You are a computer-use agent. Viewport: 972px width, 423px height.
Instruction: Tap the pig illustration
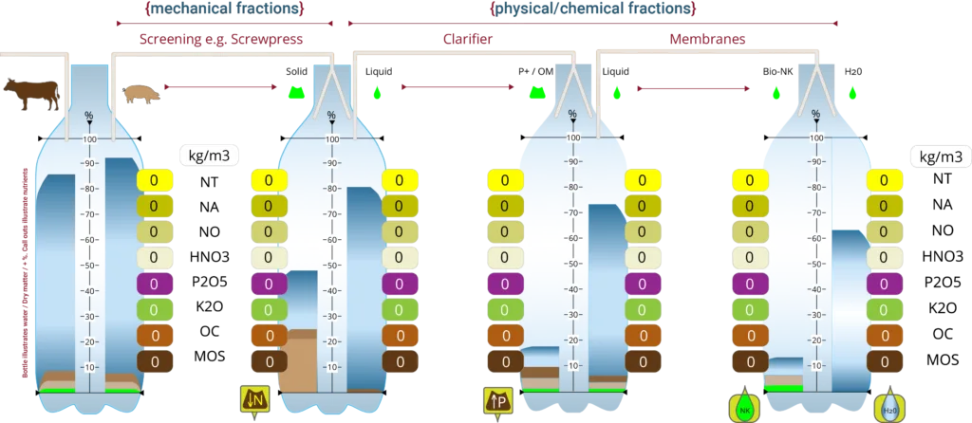pyautogui.click(x=141, y=93)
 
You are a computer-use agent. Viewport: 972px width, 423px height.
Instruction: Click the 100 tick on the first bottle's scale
pyautogui.click(x=91, y=138)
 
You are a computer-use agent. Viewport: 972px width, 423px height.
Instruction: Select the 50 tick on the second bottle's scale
pyautogui.click(x=331, y=266)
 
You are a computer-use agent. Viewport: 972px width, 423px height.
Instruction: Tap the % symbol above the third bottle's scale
pyautogui.click(x=571, y=115)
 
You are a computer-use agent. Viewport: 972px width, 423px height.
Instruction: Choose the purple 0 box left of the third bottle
pyautogui.click(x=503, y=284)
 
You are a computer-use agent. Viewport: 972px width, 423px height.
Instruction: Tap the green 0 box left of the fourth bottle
pyautogui.click(x=750, y=309)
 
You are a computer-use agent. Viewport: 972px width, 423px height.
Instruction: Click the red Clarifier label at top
pyautogui.click(x=467, y=39)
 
